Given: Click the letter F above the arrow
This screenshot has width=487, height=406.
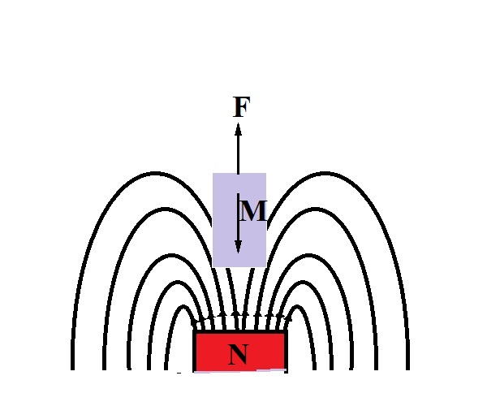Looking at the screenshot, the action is [x=242, y=107].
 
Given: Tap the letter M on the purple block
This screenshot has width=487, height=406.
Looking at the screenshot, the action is [x=253, y=211].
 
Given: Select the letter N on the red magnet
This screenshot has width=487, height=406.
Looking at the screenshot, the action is [x=239, y=354].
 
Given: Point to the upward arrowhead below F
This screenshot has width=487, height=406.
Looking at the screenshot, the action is [x=238, y=129].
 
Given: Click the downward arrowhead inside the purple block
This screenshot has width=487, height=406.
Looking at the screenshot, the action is [x=238, y=247].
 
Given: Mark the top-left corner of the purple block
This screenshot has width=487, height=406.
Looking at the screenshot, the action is [x=213, y=173].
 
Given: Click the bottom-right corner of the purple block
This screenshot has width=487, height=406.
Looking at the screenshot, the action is [x=266, y=266].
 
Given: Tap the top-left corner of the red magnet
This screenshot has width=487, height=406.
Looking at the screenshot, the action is [x=194, y=331].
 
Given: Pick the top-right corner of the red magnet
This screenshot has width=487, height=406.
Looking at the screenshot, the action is [x=286, y=331].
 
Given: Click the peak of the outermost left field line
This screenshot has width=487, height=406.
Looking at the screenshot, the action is [x=156, y=173].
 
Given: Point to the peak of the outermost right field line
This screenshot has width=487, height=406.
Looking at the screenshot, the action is [x=325, y=173].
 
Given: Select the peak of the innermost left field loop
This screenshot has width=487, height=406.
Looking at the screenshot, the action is [x=183, y=307].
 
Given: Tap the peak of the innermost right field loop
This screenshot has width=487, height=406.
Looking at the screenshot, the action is [x=298, y=307].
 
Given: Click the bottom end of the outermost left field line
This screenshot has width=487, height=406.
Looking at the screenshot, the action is [x=73, y=369].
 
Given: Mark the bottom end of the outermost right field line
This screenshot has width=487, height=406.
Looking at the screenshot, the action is [x=407, y=369].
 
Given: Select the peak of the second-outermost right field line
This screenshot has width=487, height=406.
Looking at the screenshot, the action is [x=315, y=209].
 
